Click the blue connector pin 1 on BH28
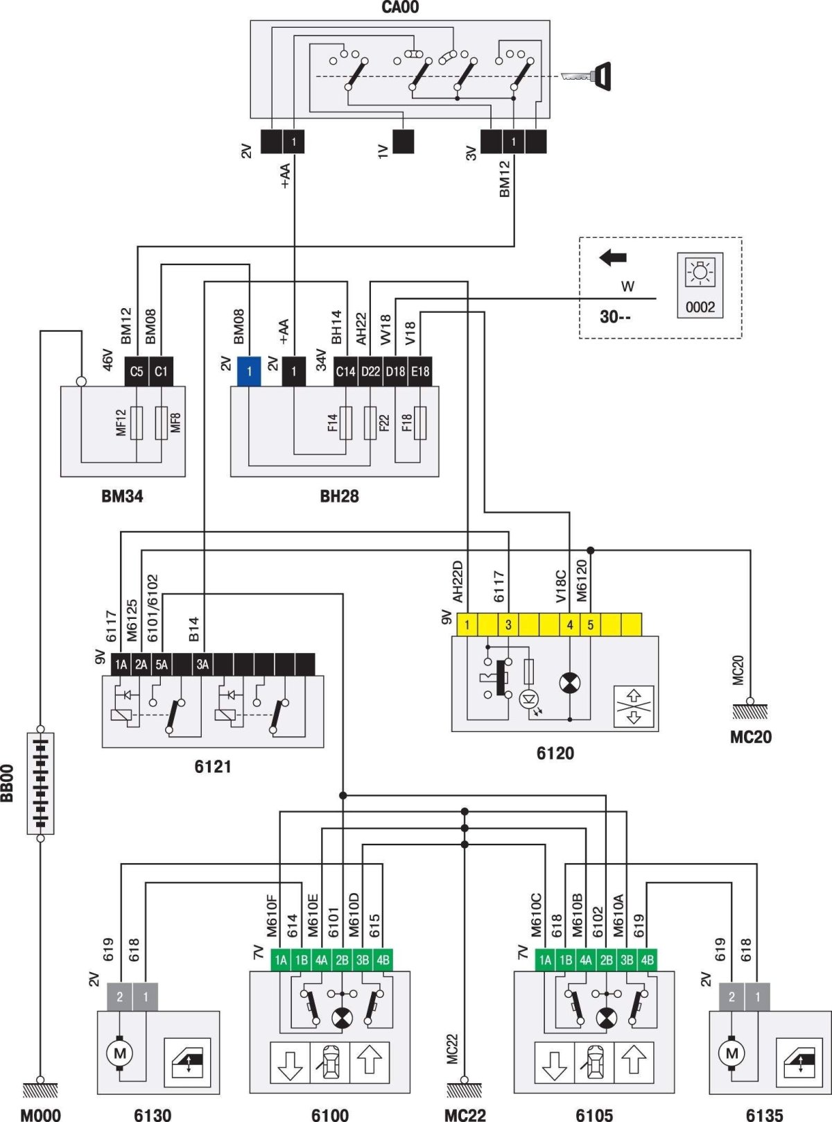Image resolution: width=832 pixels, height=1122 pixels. pos(249,371)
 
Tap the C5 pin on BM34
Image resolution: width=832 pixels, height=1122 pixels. pos(137,371)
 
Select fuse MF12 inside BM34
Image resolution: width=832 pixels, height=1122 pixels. pos(137,423)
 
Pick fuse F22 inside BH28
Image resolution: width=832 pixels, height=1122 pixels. pos(370,423)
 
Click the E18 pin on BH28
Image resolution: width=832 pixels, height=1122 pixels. pos(420,371)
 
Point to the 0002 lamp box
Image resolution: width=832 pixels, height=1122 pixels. pos(700,285)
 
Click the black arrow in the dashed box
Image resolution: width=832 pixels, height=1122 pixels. pos(613,258)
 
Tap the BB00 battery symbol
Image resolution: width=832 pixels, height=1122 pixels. pos(41,783)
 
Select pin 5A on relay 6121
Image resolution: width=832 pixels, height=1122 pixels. pos(162,664)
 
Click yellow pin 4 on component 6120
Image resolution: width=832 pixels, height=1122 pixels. pos(570,624)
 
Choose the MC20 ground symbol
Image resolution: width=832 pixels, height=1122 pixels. pos(750,711)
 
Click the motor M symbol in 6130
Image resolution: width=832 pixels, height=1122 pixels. pos(119,1053)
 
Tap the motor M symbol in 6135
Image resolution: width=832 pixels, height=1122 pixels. pos(731,1053)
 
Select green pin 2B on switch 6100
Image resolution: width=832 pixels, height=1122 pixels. pos(342,960)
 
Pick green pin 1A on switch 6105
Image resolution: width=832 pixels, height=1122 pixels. pos(545,960)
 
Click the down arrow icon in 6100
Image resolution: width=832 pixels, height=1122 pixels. pos(290,1062)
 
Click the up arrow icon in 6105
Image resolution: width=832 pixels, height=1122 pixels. pos(634,1062)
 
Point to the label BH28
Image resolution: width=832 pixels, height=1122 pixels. pos(339,496)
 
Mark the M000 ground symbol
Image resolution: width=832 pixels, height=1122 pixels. pos(41,1090)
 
